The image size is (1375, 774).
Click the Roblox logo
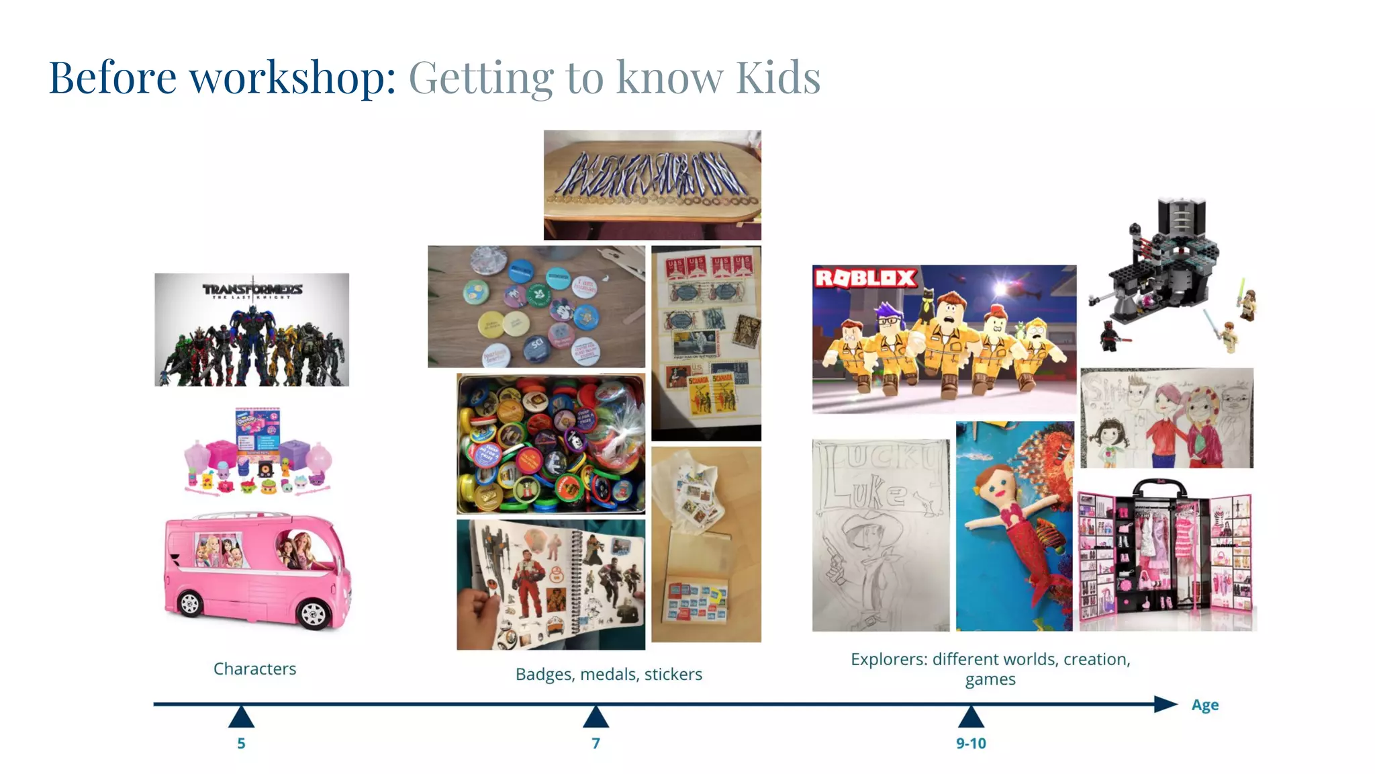pyautogui.click(x=865, y=277)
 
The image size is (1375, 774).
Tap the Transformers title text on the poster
pyautogui.click(x=252, y=290)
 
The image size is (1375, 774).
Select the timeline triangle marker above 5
pyautogui.click(x=241, y=718)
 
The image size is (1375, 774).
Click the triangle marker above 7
pyautogui.click(x=596, y=718)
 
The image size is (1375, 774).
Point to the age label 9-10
pyautogui.click(x=971, y=743)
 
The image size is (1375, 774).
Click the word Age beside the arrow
pyautogui.click(x=1204, y=705)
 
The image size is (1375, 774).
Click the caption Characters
pyautogui.click(x=254, y=669)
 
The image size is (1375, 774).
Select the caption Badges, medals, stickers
pyautogui.click(x=608, y=674)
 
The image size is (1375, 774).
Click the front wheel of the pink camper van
pyautogui.click(x=313, y=613)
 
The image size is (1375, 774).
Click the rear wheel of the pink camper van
pyautogui.click(x=190, y=603)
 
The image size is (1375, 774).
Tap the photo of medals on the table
pyautogui.click(x=652, y=185)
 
